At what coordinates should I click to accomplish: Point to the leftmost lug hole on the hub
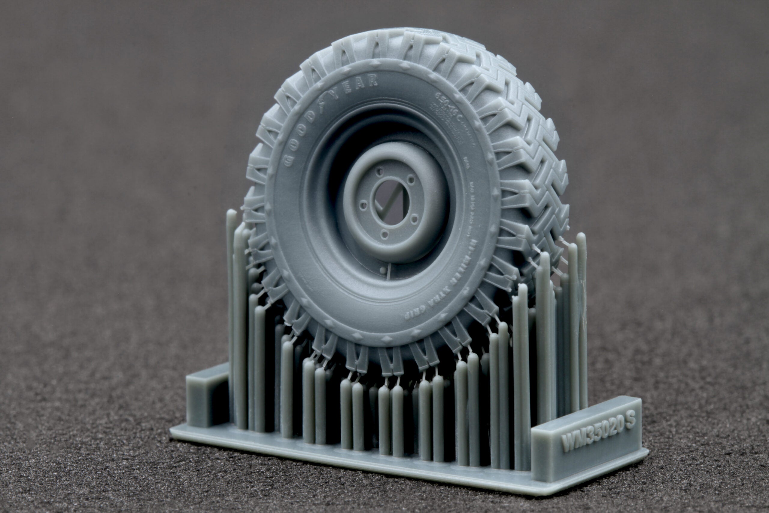point(363,206)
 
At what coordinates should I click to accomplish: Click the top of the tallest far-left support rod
point(231,213)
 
